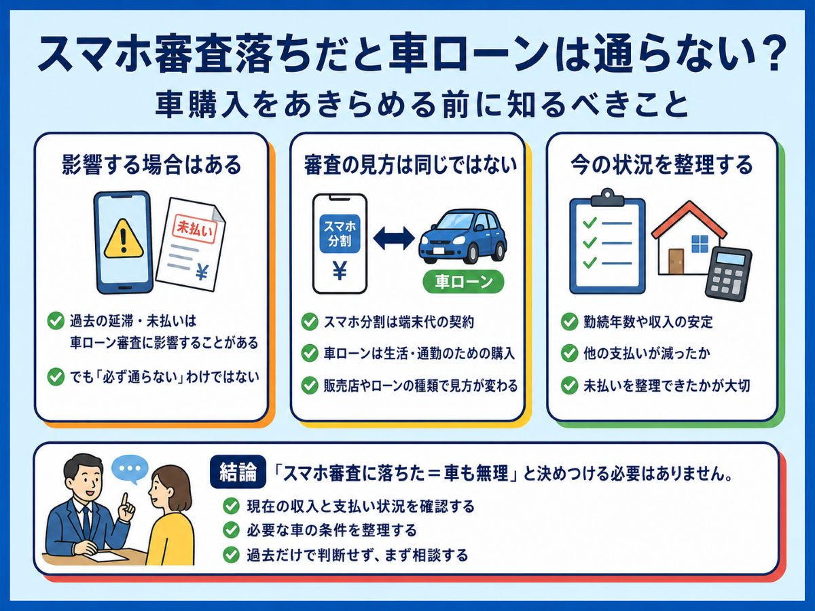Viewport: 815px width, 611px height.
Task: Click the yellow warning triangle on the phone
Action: [x=124, y=239]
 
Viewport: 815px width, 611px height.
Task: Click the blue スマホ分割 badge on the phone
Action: [x=340, y=234]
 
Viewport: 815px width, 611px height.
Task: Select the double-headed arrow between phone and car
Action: [x=393, y=238]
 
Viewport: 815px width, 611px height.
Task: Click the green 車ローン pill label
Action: [x=463, y=282]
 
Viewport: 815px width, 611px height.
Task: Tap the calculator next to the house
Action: [x=728, y=274]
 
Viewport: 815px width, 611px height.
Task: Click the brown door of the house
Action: [x=676, y=261]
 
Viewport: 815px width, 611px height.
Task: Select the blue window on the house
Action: [x=700, y=244]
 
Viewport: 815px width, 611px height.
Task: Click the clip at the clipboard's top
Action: [x=607, y=198]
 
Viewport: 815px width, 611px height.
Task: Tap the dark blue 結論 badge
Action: [x=238, y=473]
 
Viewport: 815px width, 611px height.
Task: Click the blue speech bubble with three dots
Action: [x=130, y=469]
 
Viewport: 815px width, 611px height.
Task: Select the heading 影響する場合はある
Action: [x=151, y=165]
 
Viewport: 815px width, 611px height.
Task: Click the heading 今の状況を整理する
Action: [x=662, y=165]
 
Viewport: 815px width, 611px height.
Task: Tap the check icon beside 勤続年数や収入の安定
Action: [x=569, y=321]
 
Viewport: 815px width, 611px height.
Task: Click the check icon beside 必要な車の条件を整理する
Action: [x=231, y=530]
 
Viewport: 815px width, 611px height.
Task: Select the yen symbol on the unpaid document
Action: [x=202, y=272]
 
